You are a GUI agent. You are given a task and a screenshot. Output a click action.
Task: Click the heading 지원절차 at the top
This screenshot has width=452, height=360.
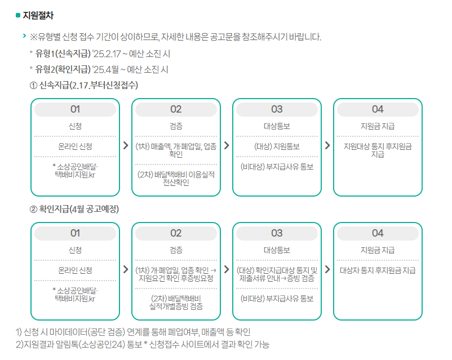[39, 15]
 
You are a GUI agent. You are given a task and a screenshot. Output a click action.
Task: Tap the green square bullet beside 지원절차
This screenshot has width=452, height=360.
[18, 15]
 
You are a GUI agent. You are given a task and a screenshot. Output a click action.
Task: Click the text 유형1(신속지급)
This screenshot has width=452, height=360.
[63, 54]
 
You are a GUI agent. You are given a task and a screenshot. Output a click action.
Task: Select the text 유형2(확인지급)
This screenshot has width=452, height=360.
[63, 70]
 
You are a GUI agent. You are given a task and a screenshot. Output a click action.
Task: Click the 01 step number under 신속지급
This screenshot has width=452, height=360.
[75, 109]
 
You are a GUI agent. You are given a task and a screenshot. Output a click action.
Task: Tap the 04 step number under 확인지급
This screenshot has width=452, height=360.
[378, 233]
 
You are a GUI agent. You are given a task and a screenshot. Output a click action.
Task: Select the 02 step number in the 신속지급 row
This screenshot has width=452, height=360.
[176, 109]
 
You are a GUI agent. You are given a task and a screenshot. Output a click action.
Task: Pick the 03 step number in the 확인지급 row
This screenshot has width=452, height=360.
[277, 233]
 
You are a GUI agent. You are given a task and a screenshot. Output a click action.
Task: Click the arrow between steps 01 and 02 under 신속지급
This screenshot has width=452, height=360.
[125, 145]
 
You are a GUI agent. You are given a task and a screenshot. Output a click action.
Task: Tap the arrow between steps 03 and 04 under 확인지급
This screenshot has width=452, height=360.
[327, 269]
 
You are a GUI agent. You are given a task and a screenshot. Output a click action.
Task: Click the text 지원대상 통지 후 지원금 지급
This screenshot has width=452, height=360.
[378, 150]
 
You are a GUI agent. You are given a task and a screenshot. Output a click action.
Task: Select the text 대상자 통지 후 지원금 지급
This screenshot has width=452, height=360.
[378, 270]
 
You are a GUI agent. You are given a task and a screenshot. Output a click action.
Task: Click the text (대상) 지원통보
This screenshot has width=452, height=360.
[277, 146]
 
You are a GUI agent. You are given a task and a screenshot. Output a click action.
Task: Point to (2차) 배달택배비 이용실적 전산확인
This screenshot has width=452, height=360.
[176, 178]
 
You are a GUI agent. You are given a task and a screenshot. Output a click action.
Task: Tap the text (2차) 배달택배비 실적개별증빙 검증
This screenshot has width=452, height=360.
[176, 302]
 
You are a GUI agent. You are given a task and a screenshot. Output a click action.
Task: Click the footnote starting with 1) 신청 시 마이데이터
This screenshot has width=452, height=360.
[133, 332]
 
